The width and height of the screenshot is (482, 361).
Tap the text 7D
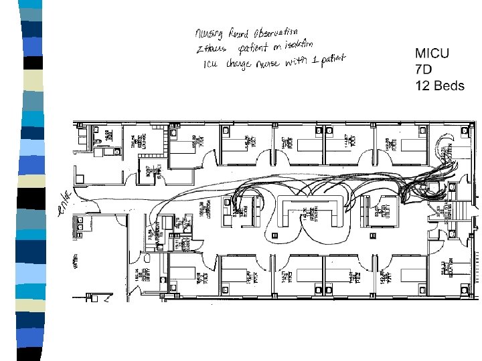[423, 70]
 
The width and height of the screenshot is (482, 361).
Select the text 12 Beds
[440, 86]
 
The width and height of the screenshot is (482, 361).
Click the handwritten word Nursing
[210, 34]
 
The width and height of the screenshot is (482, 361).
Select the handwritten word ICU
[213, 65]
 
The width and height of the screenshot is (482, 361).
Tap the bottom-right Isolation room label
[445, 269]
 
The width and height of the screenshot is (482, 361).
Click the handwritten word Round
[240, 33]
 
